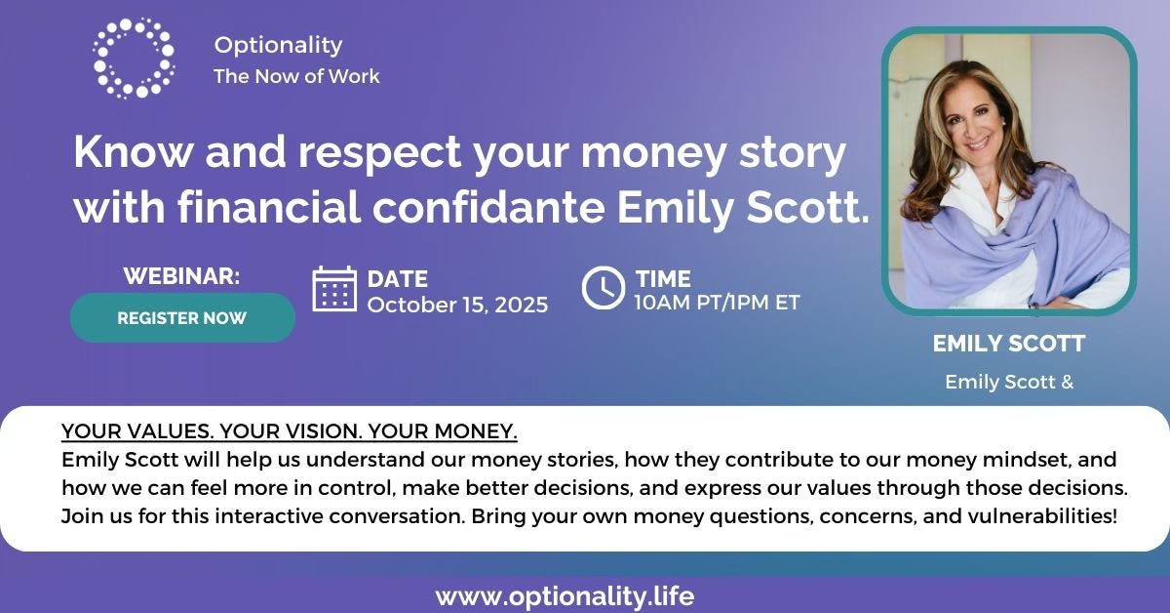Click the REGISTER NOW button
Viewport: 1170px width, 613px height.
182,318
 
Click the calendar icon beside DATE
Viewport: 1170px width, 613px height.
334,289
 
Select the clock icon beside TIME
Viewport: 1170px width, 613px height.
604,288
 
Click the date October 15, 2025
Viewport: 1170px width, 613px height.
457,305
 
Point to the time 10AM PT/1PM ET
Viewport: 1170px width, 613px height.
718,303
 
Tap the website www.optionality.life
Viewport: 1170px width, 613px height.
565,596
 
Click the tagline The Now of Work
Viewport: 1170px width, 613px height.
296,76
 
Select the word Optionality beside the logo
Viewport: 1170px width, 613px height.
279,45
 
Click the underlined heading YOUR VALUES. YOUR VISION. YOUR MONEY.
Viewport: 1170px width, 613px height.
290,431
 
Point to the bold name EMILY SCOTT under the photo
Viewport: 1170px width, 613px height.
1009,344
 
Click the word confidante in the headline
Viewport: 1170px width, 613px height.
488,208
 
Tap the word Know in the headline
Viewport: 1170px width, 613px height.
133,151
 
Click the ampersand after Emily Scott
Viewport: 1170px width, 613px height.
1067,382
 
